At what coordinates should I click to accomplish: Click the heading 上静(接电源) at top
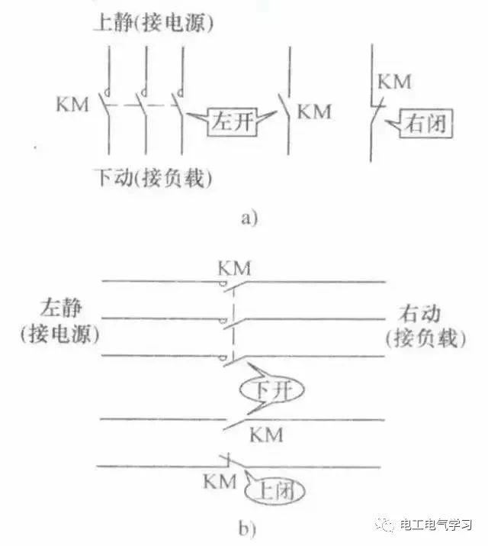(x=153, y=24)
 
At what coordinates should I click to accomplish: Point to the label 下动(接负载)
(x=153, y=178)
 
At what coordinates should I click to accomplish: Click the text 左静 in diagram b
(x=61, y=308)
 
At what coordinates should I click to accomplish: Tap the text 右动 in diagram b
(x=420, y=313)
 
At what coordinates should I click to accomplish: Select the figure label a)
(x=249, y=218)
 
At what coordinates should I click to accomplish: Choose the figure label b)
(x=247, y=528)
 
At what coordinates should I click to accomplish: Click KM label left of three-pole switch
(x=72, y=104)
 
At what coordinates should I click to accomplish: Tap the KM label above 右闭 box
(x=394, y=82)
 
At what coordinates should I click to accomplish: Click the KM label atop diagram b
(x=234, y=269)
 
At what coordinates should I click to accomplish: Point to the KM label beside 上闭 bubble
(x=220, y=482)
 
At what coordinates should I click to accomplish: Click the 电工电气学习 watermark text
(x=435, y=525)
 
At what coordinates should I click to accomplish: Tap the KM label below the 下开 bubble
(x=266, y=435)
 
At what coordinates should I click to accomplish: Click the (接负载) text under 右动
(x=425, y=338)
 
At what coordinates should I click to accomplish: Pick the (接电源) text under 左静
(x=59, y=334)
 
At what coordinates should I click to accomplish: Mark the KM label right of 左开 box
(x=315, y=111)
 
